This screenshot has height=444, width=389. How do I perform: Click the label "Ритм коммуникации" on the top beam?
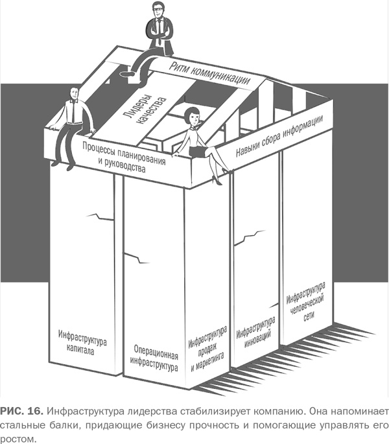pyautogui.click(x=209, y=73)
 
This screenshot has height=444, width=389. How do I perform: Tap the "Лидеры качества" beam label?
pyautogui.click(x=145, y=110)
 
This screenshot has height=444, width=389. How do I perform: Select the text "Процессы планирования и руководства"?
pyautogui.click(x=124, y=157)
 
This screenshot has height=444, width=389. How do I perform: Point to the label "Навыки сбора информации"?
pyautogui.click(x=279, y=135)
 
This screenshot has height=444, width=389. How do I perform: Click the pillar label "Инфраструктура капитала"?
pyautogui.click(x=82, y=343)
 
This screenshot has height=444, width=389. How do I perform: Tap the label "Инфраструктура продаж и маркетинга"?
pyautogui.click(x=207, y=349)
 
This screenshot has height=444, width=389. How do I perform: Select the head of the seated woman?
pyautogui.click(x=192, y=115)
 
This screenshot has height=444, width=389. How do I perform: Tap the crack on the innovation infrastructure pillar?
pyautogui.click(x=250, y=237)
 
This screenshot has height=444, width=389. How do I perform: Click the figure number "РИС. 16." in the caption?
pyautogui.click(x=21, y=411)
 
